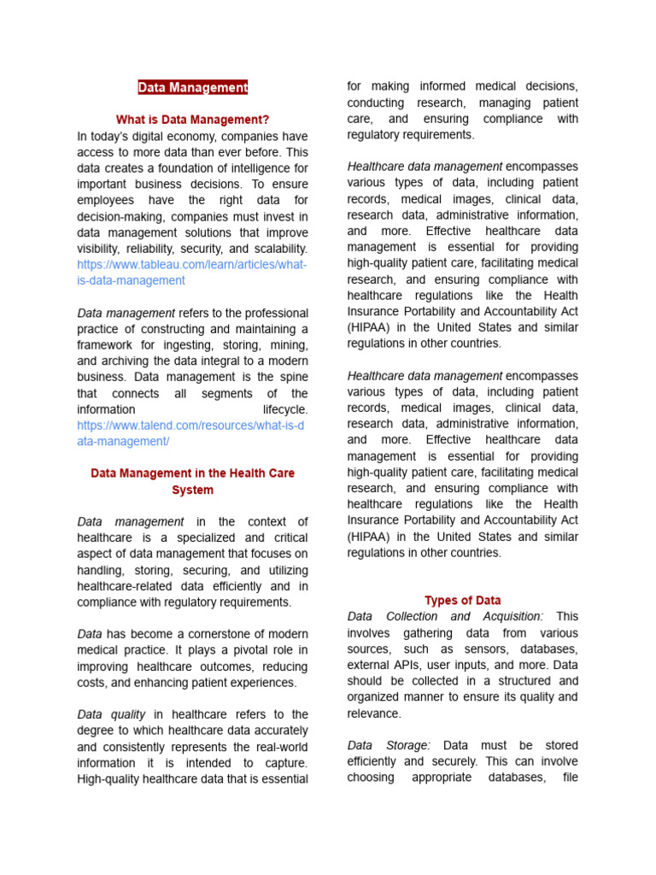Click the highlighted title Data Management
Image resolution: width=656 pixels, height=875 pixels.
[192, 87]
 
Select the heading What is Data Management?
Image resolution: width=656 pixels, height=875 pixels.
[192, 120]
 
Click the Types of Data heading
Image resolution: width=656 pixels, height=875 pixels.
[462, 601]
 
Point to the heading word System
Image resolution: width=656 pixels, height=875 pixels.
[192, 490]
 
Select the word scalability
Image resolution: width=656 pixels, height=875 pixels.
[275, 249]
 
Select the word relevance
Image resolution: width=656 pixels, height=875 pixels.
[372, 714]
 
